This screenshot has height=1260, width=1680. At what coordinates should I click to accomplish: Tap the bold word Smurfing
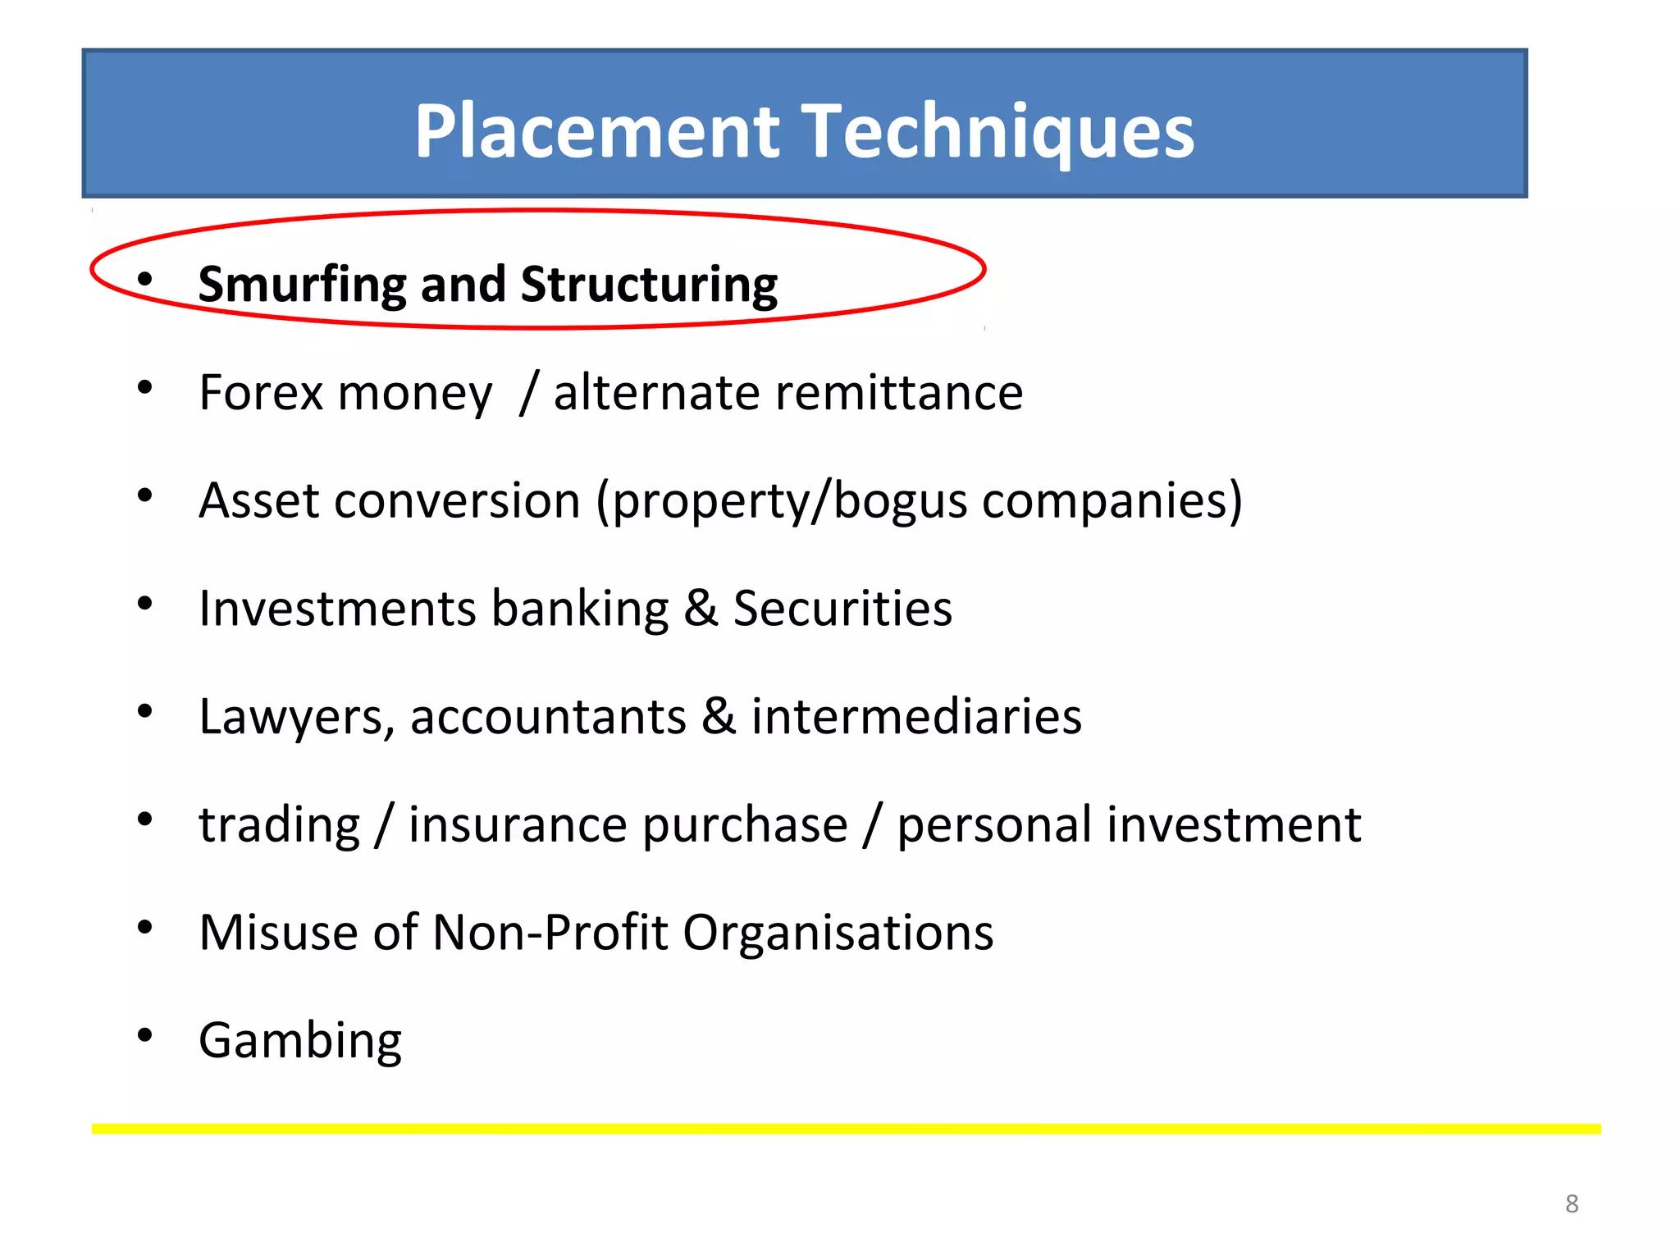pos(300,285)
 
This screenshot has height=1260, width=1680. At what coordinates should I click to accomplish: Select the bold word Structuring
pos(649,285)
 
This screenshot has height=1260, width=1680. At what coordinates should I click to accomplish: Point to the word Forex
pos(262,392)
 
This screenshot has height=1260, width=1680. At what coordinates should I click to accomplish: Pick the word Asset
pos(258,500)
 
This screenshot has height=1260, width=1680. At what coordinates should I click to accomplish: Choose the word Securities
pos(842,609)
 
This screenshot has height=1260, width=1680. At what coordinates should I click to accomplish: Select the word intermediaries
pos(916,716)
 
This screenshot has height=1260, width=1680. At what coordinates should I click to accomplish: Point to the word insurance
pos(628,824)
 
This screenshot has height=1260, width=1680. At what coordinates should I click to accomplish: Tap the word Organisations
pos(838,933)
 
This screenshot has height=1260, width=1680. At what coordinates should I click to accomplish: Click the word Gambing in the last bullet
pos(300,1042)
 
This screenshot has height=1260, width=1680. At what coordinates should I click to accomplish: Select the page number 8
pos(1572,1204)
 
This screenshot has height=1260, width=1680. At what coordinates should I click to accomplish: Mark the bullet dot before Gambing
pos(145,1035)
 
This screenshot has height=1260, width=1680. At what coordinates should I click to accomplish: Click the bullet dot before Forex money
pos(145,387)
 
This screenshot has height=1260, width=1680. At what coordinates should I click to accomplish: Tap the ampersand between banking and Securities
pos(701,609)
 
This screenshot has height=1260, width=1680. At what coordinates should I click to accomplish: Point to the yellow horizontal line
pos(845,1130)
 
